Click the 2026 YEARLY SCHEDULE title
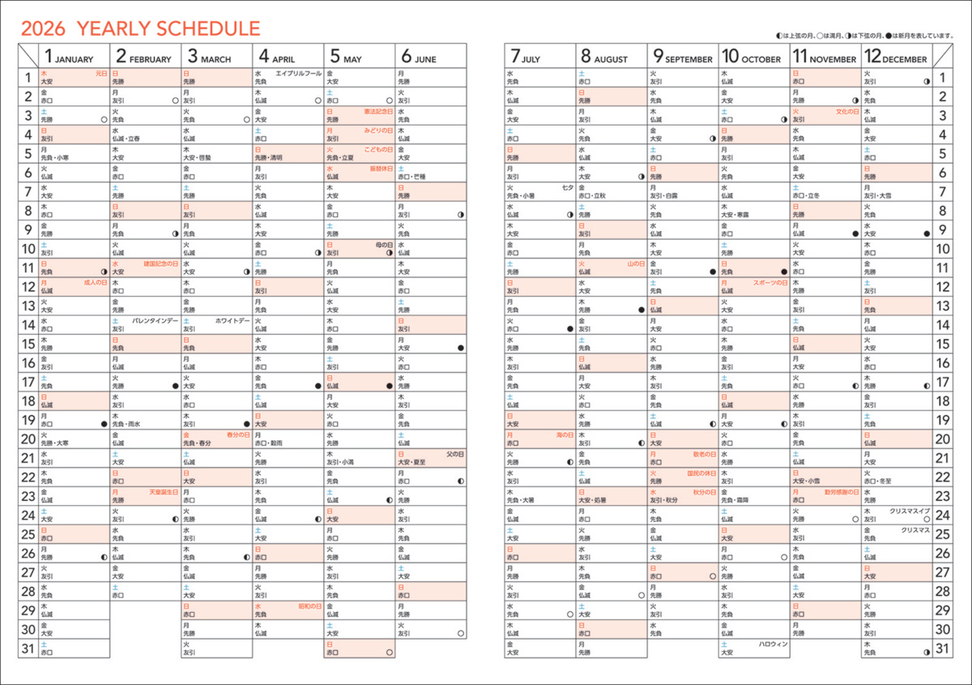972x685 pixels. [140, 29]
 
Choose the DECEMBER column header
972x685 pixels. [895, 58]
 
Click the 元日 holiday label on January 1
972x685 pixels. [101, 73]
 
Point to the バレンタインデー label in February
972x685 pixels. [156, 321]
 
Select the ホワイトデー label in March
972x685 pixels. [232, 321]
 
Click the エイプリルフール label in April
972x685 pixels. [299, 73]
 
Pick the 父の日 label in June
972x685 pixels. [454, 454]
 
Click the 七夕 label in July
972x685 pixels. [568, 187]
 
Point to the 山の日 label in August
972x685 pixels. [635, 263]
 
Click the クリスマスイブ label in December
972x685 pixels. [910, 512]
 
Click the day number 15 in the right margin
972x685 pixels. [943, 344]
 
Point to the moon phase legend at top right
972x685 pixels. [863, 36]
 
